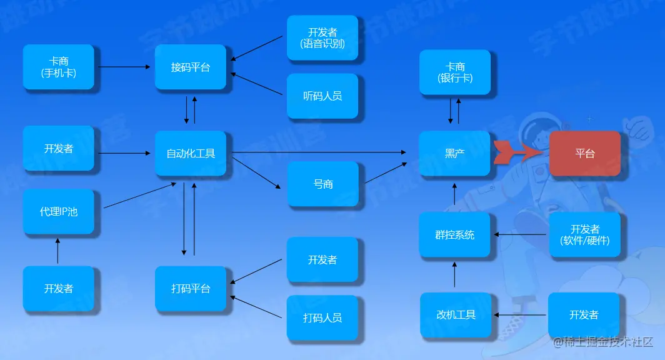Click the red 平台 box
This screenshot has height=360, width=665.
pyautogui.click(x=584, y=153)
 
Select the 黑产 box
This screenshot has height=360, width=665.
pyautogui.click(x=454, y=153)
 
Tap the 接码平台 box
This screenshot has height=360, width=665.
pyautogui.click(x=191, y=67)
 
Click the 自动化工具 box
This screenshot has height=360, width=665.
pyautogui.click(x=191, y=153)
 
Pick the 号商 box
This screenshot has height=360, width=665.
pyautogui.click(x=323, y=184)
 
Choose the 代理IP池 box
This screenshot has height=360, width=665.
pyautogui.click(x=59, y=211)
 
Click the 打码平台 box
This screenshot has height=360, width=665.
pyautogui.click(x=191, y=289)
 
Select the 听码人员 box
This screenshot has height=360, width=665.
pyautogui.click(x=322, y=96)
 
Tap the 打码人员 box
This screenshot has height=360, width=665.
pyautogui.click(x=322, y=317)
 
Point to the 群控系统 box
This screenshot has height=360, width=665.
pyautogui.click(x=454, y=235)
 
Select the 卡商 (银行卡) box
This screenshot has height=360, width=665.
pyautogui.click(x=455, y=72)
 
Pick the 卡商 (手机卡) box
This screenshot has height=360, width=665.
pyautogui.click(x=59, y=67)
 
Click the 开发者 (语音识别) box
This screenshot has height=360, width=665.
pyautogui.click(x=322, y=37)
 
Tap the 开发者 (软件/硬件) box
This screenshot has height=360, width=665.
pyautogui.click(x=585, y=235)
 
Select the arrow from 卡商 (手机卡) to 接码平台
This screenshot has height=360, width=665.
pyautogui.click(x=124, y=66)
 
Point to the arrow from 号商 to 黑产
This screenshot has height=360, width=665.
pyautogui.click(x=385, y=173)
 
